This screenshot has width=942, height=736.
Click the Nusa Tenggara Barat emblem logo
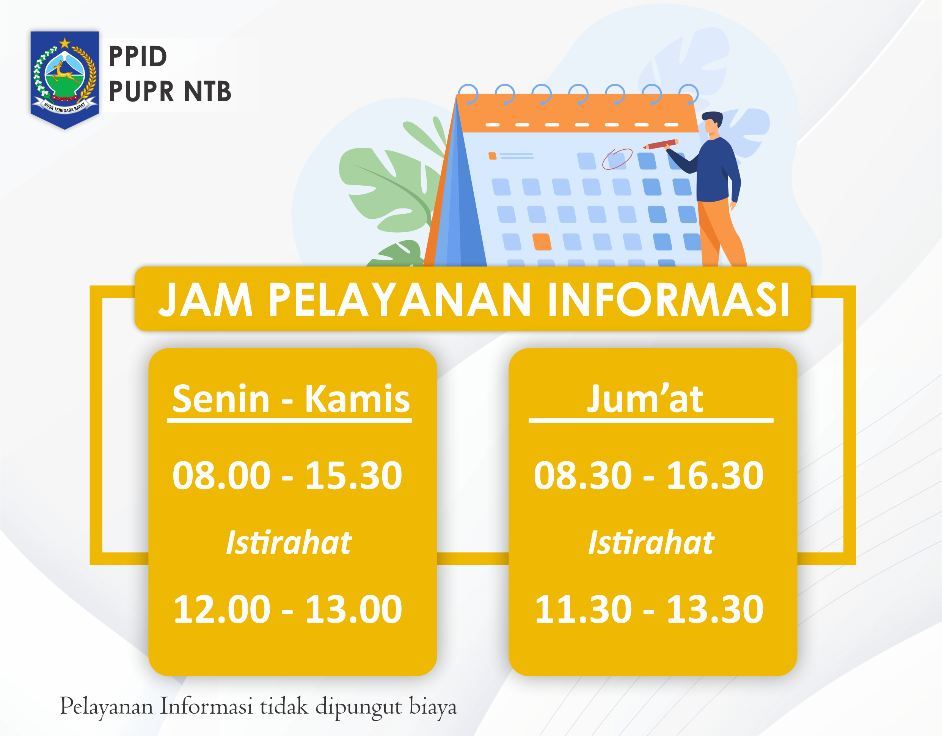pos(65,80)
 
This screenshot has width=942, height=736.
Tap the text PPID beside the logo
pos(138,57)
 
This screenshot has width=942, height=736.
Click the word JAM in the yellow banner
pos(205,300)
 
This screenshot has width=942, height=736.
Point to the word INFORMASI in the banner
pos(669,300)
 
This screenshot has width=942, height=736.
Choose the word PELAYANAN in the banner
pos(399,300)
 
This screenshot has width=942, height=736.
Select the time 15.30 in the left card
pos(354,476)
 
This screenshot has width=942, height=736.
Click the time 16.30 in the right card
pos(715,476)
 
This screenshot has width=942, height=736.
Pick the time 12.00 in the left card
pos(222,609)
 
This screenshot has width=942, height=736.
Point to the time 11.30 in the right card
pos(583,609)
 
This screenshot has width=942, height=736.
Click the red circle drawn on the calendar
pos(617,159)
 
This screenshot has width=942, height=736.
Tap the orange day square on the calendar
pos(542,242)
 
